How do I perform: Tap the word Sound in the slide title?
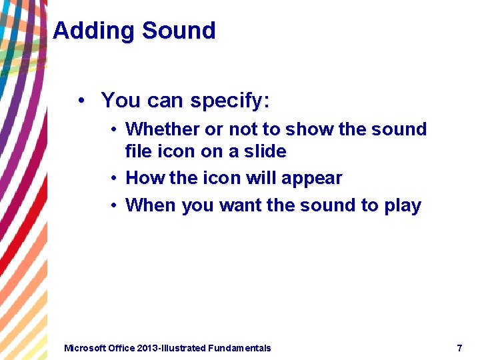(179, 31)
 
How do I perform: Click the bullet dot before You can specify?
(81, 101)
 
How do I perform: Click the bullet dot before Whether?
(115, 129)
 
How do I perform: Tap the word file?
(139, 151)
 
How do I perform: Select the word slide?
(265, 151)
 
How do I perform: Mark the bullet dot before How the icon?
(115, 178)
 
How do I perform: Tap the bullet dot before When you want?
(115, 205)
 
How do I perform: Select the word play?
(403, 206)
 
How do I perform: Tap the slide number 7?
(459, 348)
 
